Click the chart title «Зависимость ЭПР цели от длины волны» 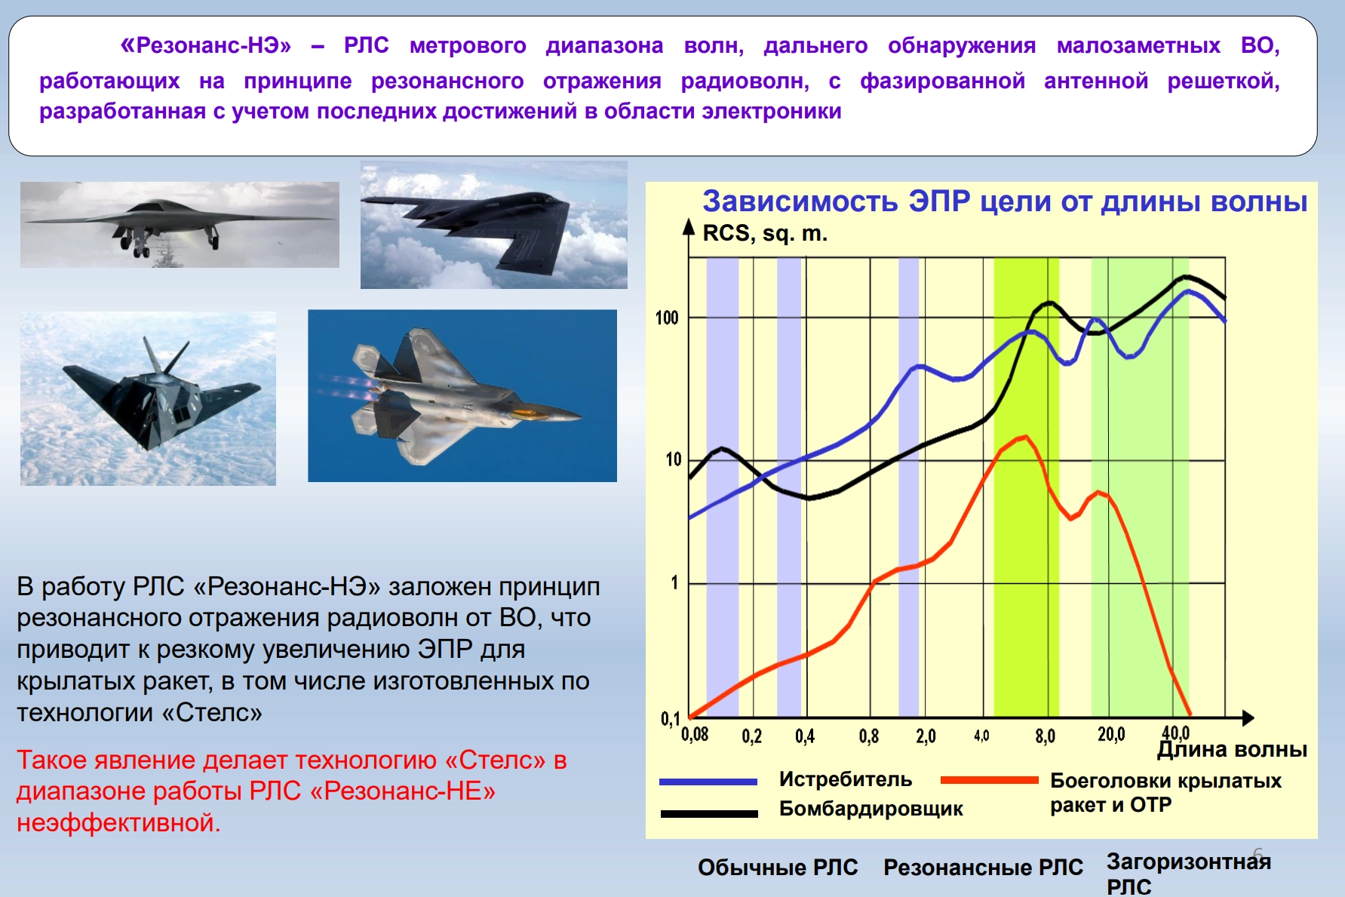tap(1005, 201)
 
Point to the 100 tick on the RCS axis tap(667, 318)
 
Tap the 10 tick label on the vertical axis tap(674, 459)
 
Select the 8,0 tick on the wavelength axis tap(1045, 736)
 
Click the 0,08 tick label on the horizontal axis tap(695, 734)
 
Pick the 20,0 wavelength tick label tap(1111, 734)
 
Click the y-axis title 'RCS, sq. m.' tap(765, 234)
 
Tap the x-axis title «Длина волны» tap(1232, 749)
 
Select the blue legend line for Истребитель tap(708, 782)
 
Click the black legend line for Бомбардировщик tap(709, 813)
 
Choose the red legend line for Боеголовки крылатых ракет tap(990, 780)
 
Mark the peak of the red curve tap(1025, 437)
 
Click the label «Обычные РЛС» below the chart tap(778, 868)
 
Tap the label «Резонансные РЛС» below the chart tap(983, 868)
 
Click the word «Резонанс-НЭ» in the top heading tap(206, 45)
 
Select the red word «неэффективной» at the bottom tap(118, 822)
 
